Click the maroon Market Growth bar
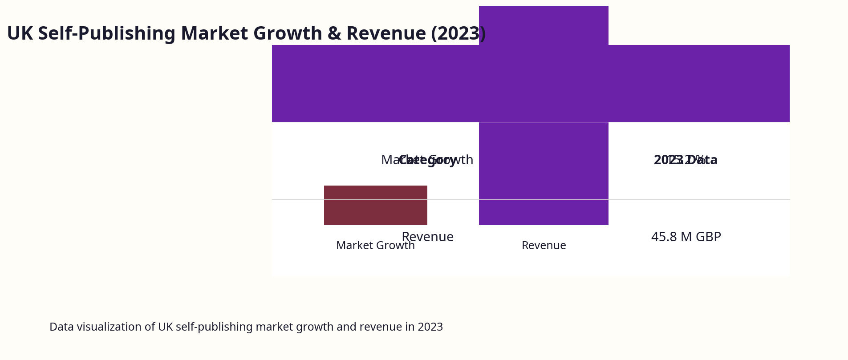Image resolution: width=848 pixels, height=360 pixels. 375,205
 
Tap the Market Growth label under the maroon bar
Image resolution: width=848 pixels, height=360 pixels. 375,246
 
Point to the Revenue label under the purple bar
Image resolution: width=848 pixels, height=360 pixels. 544,246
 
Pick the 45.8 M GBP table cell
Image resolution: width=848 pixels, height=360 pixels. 686,237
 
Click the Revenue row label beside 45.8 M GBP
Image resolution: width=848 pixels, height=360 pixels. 427,237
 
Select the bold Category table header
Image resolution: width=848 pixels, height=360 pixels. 427,160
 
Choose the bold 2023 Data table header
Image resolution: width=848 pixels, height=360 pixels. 686,160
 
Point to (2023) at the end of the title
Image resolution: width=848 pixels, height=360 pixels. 458,34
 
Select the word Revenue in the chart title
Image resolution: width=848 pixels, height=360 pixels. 386,34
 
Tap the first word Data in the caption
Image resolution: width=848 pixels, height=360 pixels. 61,327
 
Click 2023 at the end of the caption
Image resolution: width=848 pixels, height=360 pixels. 430,327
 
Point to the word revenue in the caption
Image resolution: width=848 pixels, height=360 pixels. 379,327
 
